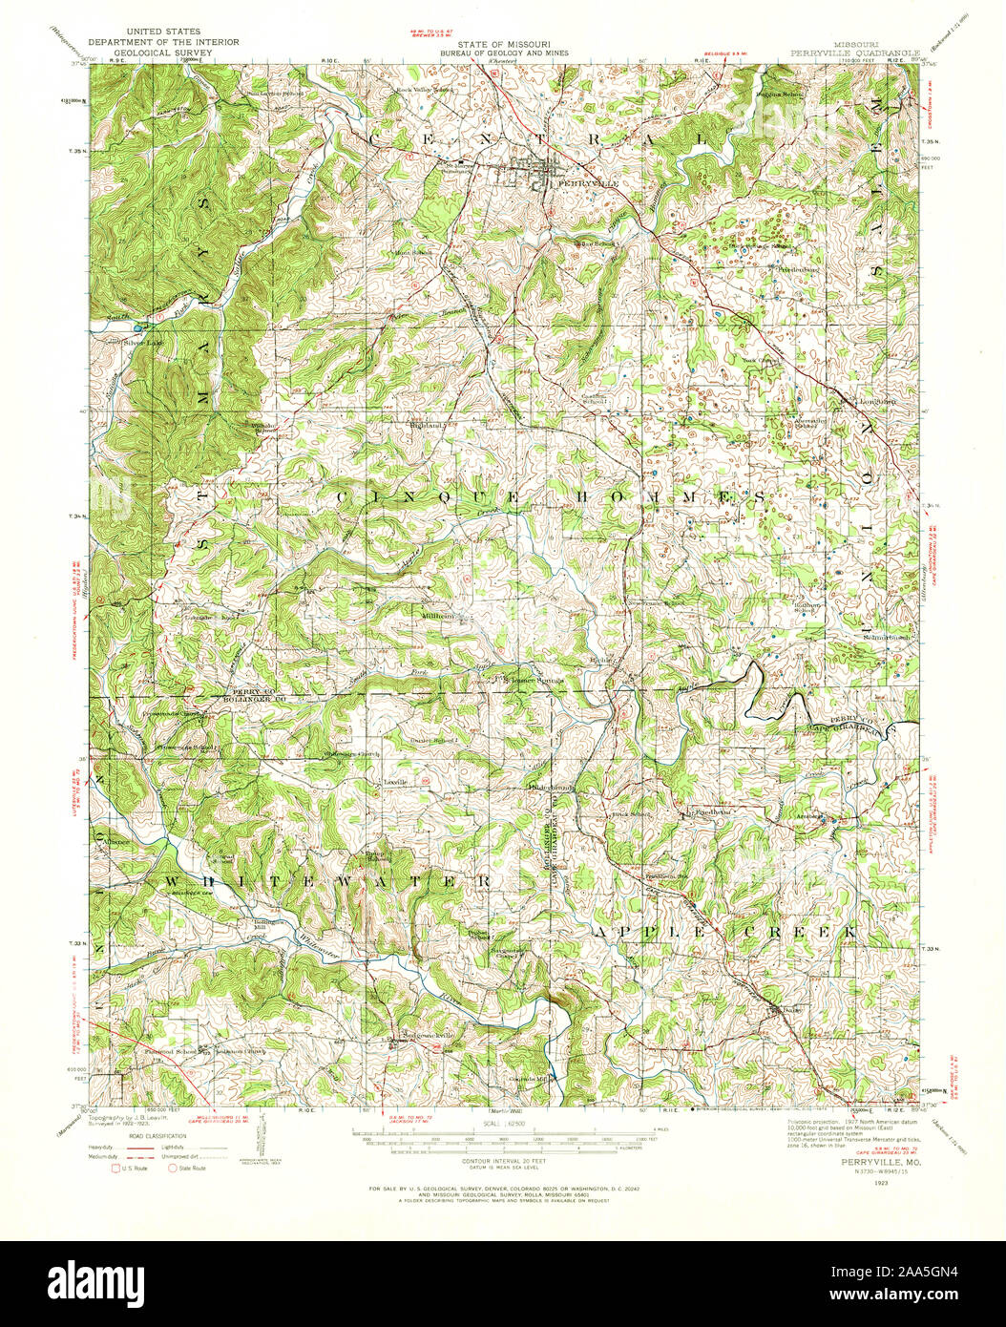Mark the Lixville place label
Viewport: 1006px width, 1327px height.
click(x=394, y=782)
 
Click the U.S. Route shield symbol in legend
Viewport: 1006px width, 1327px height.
click(x=117, y=1167)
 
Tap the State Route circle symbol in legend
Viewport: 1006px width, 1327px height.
click(x=173, y=1167)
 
